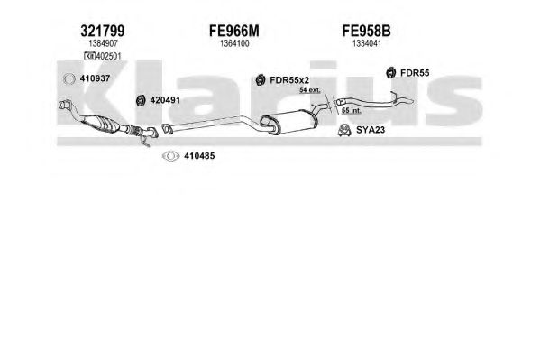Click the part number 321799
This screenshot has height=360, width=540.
(103, 31)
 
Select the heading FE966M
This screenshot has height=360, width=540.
(234, 31)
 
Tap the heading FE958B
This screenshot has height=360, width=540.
(366, 31)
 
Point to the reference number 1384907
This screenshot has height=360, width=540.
(103, 43)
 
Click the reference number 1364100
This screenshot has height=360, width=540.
(234, 43)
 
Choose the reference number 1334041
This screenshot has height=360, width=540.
(367, 43)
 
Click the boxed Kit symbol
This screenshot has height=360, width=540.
(89, 56)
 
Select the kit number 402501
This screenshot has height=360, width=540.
(108, 56)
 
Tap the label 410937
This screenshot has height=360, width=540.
(95, 78)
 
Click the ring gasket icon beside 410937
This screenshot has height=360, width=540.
(64, 79)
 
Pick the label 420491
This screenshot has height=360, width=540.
(165, 100)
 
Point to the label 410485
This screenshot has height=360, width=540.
(199, 156)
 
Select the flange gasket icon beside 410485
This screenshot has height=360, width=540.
(163, 156)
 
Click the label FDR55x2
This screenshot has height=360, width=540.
(289, 80)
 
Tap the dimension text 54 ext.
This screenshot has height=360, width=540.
(309, 90)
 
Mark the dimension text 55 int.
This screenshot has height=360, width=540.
(352, 111)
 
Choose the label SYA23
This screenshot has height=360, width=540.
(371, 130)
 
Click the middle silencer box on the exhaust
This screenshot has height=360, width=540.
(288, 122)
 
